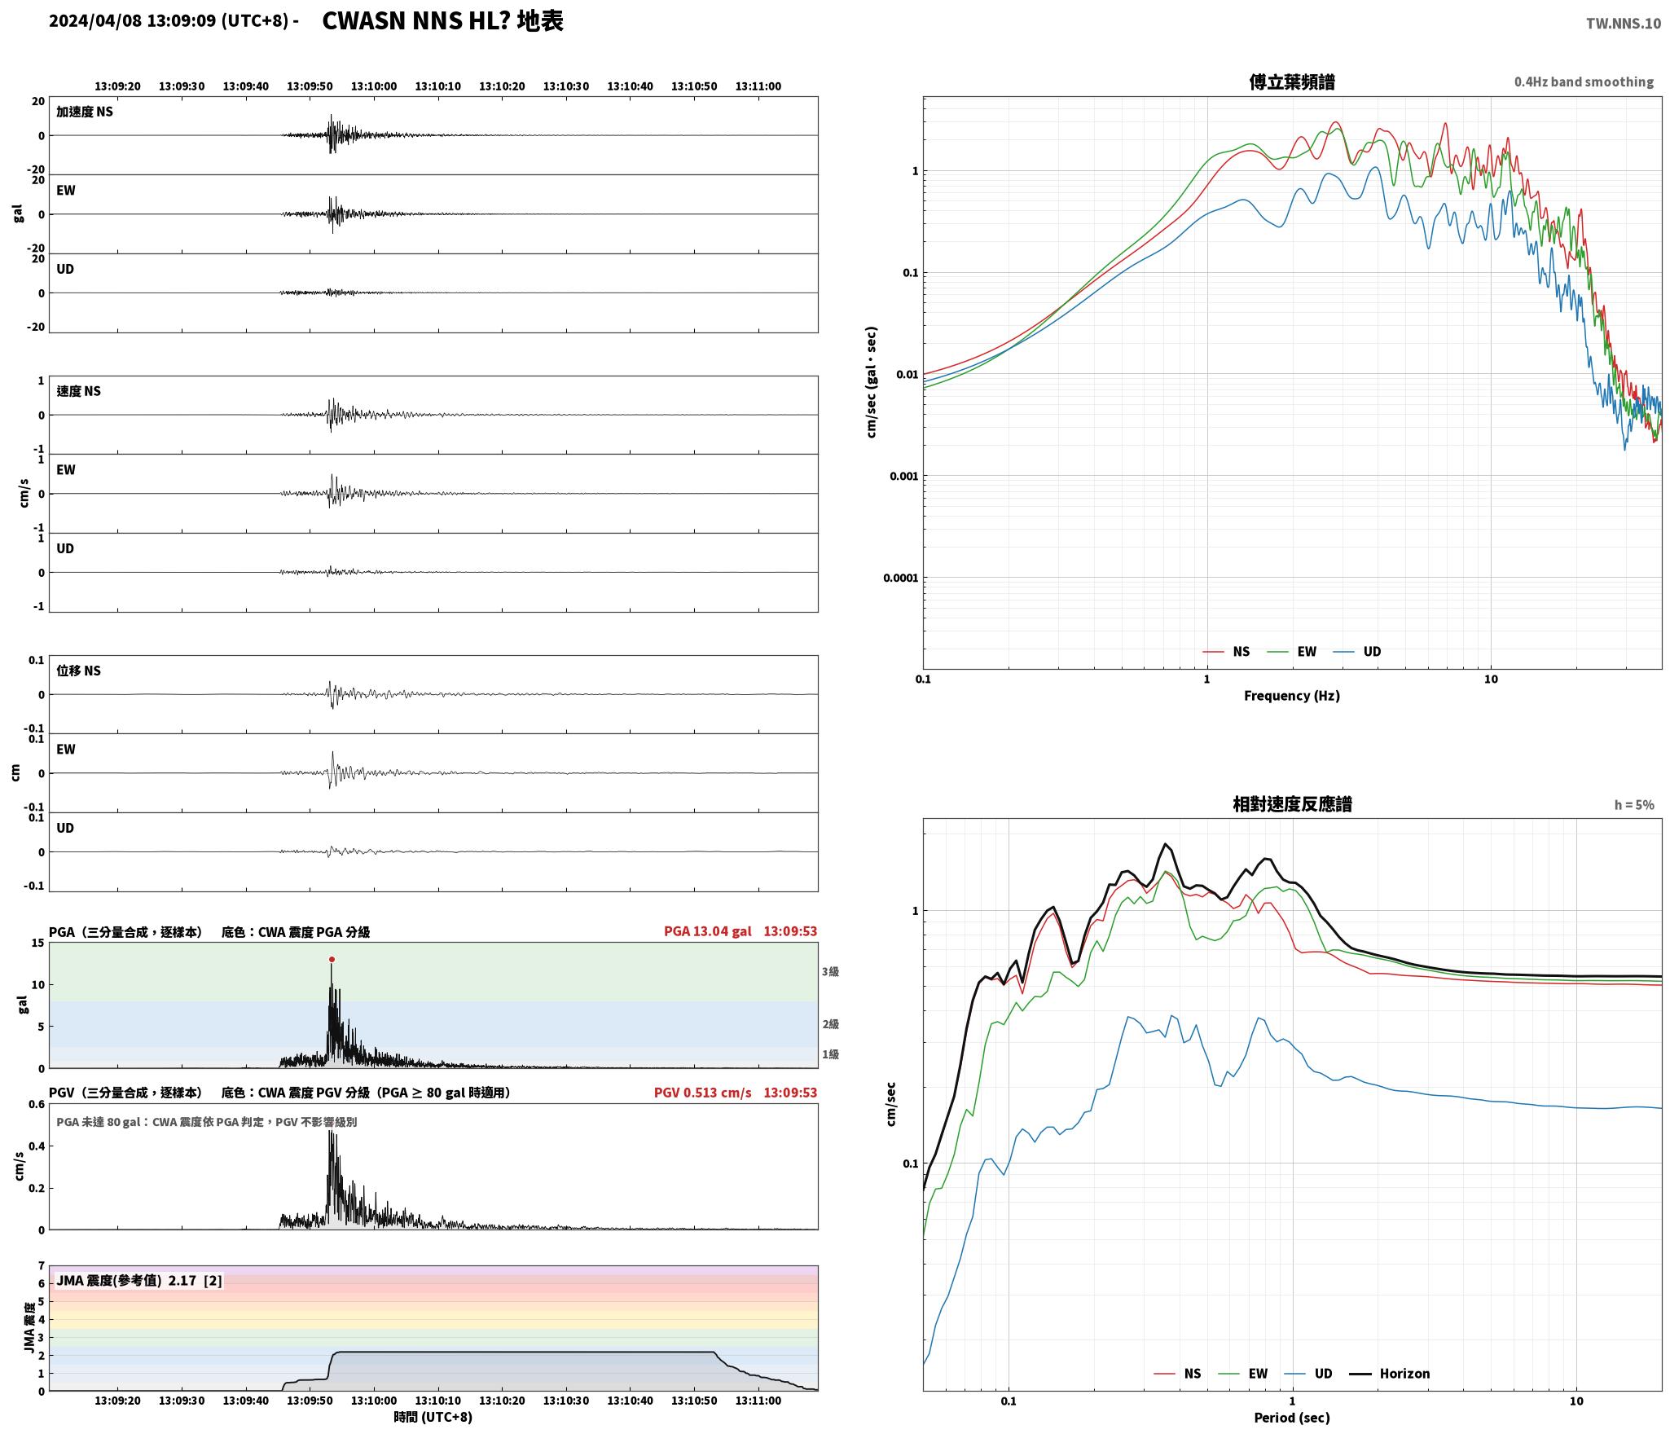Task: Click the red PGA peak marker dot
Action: tap(332, 959)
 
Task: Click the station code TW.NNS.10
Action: tap(1623, 24)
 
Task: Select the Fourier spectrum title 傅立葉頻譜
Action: tap(1292, 81)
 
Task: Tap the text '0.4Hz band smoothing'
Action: tap(1584, 82)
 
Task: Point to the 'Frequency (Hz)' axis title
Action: tap(1291, 695)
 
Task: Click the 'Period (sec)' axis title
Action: tap(1292, 1418)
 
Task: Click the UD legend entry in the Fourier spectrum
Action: tap(1357, 651)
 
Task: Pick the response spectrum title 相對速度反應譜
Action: tap(1292, 804)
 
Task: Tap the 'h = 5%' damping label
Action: tap(1634, 805)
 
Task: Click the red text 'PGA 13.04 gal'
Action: tap(708, 931)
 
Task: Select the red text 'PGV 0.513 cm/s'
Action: tap(703, 1093)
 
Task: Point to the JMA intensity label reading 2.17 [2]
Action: tap(138, 1281)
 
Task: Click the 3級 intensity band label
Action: tap(830, 972)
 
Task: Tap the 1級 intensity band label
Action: tap(830, 1054)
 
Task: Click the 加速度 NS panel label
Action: tap(85, 112)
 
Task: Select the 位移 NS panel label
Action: tap(78, 671)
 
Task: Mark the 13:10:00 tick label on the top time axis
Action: tap(374, 86)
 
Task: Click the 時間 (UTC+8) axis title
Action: tap(433, 1417)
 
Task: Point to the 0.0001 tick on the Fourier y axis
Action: tap(900, 578)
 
